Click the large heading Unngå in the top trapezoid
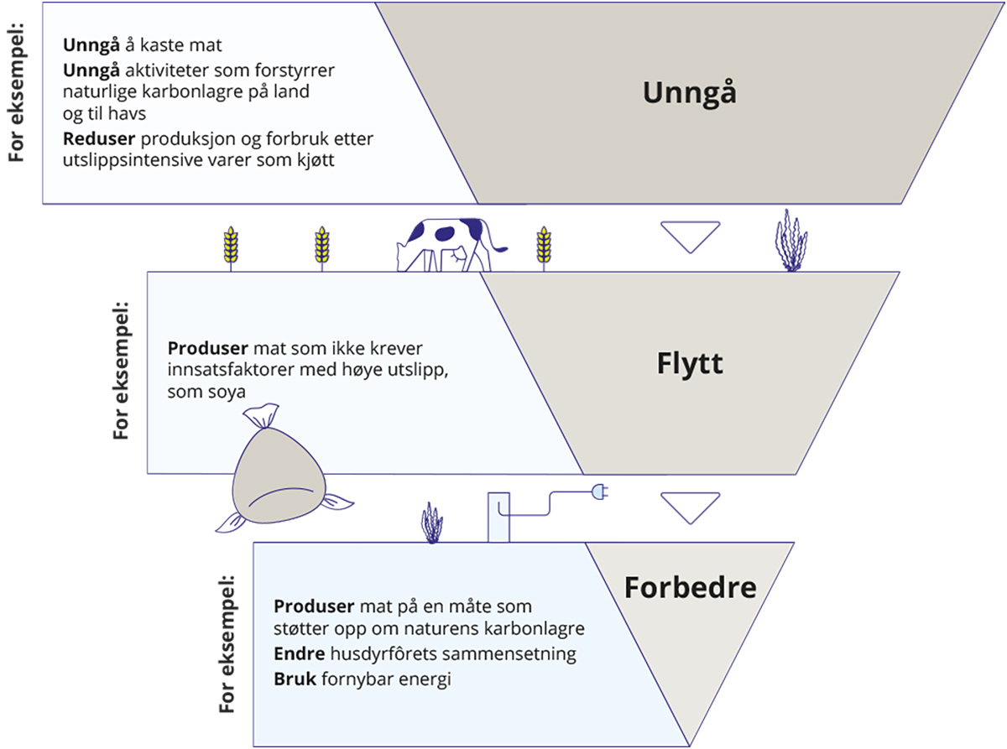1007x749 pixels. [x=689, y=92]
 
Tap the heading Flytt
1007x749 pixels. [x=689, y=365]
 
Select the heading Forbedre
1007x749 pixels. [x=690, y=587]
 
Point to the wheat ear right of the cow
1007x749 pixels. [x=544, y=247]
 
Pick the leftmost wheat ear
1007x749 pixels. [x=229, y=247]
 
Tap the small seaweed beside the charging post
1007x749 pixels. [x=431, y=523]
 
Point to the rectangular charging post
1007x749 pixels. [x=498, y=517]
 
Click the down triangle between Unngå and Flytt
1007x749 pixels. [x=690, y=237]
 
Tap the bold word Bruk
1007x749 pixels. [x=293, y=679]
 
